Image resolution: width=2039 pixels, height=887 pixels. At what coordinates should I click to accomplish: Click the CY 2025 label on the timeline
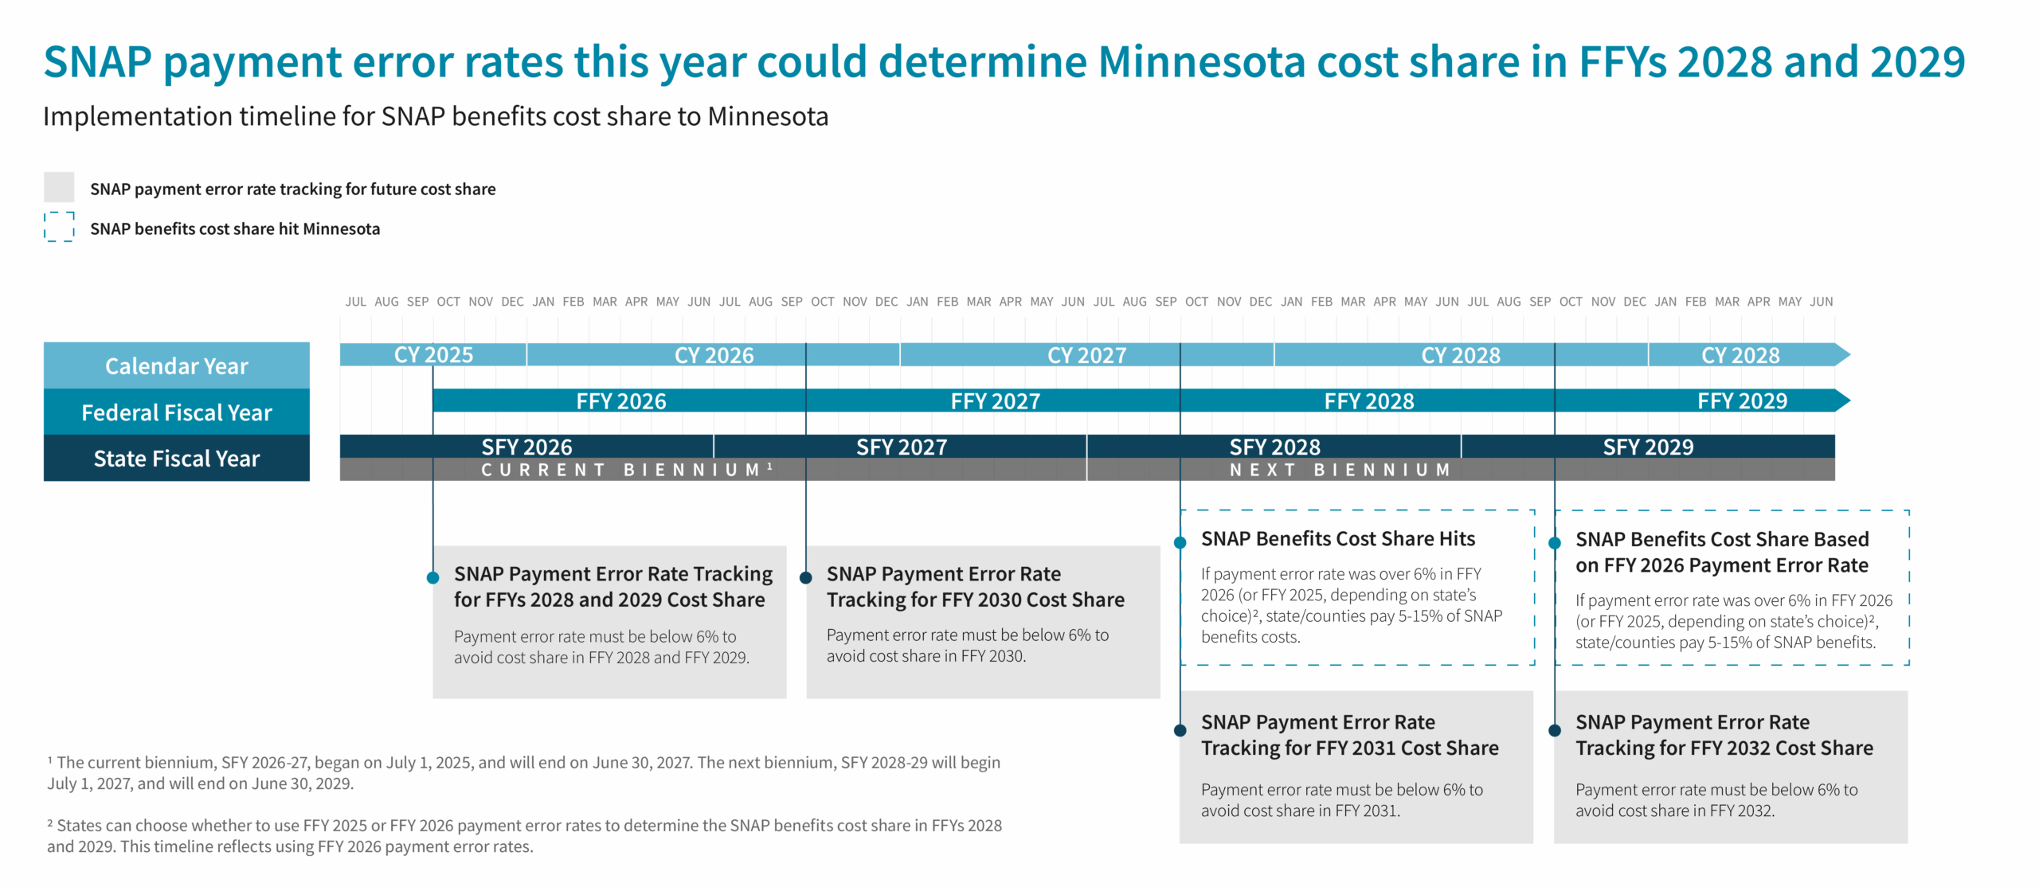click(433, 355)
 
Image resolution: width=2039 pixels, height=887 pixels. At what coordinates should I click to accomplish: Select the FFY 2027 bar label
click(995, 401)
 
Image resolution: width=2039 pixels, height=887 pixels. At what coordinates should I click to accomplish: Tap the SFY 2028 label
click(1274, 447)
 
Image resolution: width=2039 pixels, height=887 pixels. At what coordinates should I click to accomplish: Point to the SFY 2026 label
click(526, 447)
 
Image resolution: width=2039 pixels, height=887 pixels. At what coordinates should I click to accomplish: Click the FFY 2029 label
click(1742, 401)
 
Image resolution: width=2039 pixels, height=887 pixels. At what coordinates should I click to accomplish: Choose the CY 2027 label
click(1086, 355)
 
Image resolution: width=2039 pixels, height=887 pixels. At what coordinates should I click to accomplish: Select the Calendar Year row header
click(177, 366)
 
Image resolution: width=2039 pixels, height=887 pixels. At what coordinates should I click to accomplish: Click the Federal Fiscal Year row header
click(177, 412)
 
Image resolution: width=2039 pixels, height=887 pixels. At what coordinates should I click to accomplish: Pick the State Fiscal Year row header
click(177, 459)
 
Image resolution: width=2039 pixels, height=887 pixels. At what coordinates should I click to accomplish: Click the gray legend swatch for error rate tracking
click(59, 187)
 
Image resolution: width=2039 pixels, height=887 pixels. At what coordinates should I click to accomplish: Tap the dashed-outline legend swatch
click(59, 227)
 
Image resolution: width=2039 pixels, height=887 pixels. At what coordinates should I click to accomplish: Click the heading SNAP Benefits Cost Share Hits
click(1338, 539)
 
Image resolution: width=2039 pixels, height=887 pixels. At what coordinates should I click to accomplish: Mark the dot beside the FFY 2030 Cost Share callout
click(806, 578)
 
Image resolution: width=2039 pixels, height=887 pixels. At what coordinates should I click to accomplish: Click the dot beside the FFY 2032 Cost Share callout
click(1554, 730)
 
